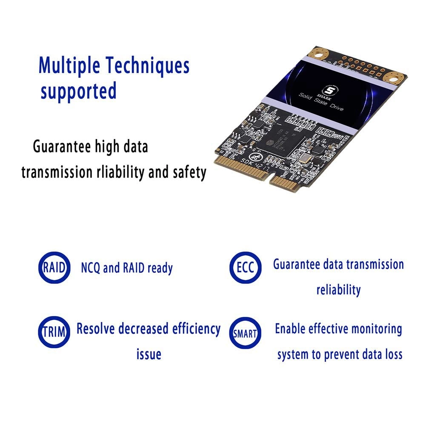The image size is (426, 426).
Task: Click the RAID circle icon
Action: tap(54, 268)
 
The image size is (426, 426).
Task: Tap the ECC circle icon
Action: tap(245, 268)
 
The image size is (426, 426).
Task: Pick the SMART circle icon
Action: tap(245, 333)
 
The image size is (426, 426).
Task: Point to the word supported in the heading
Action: tap(78, 91)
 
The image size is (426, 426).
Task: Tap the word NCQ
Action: tap(91, 268)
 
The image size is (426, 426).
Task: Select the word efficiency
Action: tap(196, 329)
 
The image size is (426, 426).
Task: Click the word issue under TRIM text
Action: tap(149, 354)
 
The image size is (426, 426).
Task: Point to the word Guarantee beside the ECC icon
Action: tap(296, 264)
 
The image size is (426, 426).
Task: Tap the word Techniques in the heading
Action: tap(147, 66)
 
